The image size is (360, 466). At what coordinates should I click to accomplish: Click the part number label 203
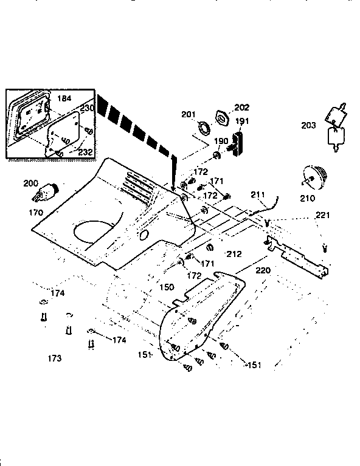coord(308,126)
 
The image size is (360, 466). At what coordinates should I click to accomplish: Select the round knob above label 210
coord(316,177)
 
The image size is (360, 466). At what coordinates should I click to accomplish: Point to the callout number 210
coord(307,198)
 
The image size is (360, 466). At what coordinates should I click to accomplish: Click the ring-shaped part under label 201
coord(203,128)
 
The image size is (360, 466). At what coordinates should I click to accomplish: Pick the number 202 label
coord(224,108)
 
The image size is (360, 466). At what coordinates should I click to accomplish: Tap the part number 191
coord(242,122)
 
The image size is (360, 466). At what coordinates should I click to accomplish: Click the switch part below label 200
coord(45,192)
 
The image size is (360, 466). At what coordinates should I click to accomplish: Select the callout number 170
coord(36,213)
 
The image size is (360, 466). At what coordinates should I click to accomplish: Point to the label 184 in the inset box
coord(64,98)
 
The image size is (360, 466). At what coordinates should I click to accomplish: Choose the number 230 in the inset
coord(87,108)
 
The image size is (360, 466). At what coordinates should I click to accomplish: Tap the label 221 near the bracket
coord(322,215)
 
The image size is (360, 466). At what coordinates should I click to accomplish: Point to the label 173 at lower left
coord(55,359)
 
